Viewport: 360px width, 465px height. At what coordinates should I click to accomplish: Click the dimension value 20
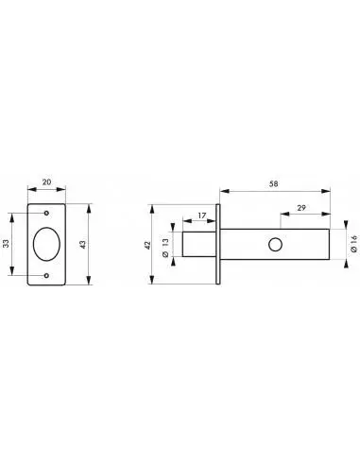46,182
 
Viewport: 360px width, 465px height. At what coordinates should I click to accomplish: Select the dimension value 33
7,243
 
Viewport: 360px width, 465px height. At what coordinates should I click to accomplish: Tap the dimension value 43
82,245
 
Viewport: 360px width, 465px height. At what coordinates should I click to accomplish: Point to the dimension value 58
274,183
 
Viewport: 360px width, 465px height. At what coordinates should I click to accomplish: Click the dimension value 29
301,208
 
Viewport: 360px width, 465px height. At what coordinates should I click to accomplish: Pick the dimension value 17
202,215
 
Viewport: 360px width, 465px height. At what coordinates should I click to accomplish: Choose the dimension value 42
147,245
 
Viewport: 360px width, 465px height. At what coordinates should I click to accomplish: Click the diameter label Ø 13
166,248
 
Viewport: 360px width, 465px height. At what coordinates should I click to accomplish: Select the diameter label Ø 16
354,243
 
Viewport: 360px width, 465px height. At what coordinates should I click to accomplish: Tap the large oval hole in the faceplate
46,244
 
